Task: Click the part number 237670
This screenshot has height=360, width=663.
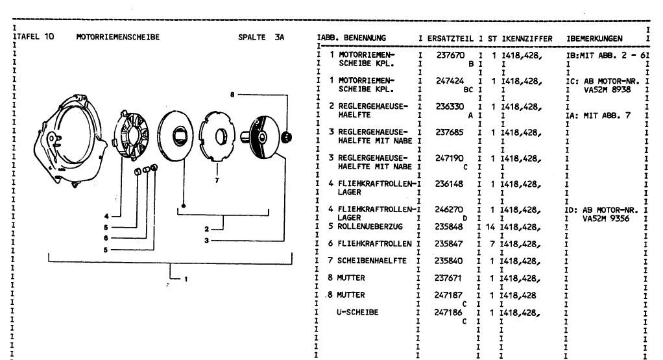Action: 449,56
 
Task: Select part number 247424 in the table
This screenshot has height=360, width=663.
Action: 449,81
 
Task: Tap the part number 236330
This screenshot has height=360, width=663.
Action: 449,106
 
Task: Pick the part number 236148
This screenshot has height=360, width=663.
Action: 449,184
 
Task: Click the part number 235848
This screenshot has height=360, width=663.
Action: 449,226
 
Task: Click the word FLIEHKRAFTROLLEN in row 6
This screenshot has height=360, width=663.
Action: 375,243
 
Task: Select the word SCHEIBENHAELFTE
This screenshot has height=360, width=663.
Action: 372,261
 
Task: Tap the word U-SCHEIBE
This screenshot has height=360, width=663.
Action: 357,312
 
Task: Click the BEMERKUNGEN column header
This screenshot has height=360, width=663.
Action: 596,38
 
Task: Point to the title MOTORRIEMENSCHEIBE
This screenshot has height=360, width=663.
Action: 117,37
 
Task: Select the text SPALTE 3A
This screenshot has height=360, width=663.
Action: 261,37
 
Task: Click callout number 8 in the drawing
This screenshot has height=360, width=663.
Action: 232,95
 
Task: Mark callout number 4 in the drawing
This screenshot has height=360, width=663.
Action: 106,215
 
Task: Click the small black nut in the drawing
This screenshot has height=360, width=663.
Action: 289,136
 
